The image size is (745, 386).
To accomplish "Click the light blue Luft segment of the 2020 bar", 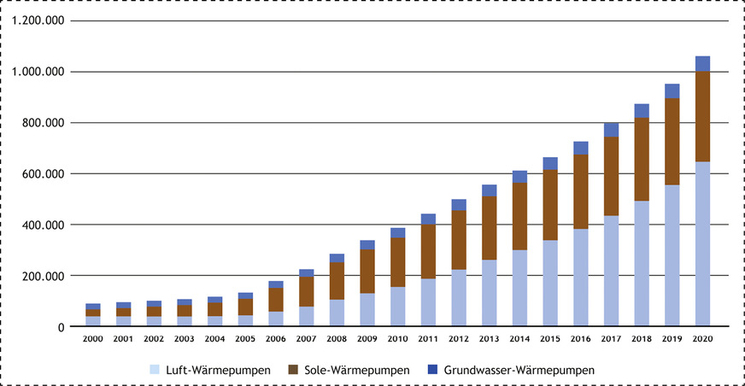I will coord(702,244).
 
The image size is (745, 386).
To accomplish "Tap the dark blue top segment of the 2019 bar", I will coord(672,91).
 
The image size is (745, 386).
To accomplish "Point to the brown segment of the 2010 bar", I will coord(397,262).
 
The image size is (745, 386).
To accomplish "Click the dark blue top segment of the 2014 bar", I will coord(519,177).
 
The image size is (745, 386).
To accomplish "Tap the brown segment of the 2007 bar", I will coord(306,291).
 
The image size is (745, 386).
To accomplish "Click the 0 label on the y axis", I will coord(60,327).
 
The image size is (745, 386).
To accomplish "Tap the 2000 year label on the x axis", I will coord(93,339).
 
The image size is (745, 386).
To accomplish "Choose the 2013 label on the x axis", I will coord(489,339).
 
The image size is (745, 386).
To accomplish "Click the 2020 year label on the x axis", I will coord(702,339).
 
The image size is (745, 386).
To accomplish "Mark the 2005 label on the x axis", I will coord(245,339).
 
